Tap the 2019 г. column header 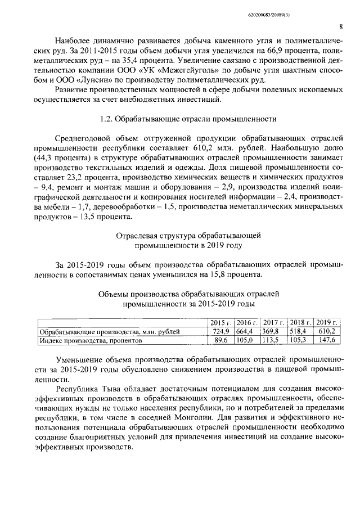(x=327, y=322)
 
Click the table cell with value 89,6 (x=223, y=340)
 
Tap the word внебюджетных (x=135, y=100)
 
